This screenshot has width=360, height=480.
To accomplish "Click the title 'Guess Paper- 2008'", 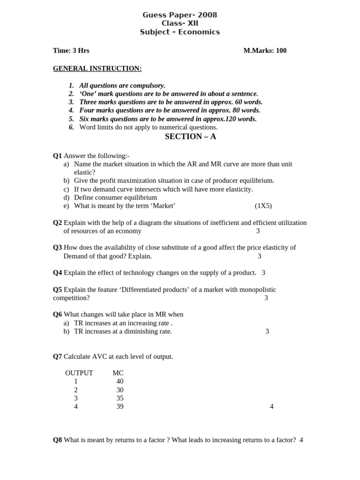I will coord(180,15).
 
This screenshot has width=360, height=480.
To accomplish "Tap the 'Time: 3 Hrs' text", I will coord(71,51).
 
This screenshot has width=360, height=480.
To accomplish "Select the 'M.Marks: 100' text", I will coord(265,51).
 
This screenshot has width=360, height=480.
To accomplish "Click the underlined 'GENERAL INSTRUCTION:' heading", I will coord(97,68).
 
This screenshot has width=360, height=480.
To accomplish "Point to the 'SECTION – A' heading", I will coord(190,136).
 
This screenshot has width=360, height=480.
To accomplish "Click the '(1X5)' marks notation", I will coord(263,206).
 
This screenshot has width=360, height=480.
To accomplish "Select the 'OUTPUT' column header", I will coord(79,373).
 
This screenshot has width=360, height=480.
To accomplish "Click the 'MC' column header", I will coord(118,373).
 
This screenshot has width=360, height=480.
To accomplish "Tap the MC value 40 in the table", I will coord(120,382).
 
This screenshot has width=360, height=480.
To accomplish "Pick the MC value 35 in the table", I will coord(120,398).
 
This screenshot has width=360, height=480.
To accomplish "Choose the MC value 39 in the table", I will coord(120,407).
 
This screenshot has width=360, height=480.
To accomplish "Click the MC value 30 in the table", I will coord(120,390).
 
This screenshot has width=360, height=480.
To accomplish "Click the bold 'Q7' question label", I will coord(57,357).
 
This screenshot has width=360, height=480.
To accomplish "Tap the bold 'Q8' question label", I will coord(57,440).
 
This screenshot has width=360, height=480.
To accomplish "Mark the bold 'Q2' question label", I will coord(57,223).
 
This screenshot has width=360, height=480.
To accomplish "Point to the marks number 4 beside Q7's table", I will coord(271,407).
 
